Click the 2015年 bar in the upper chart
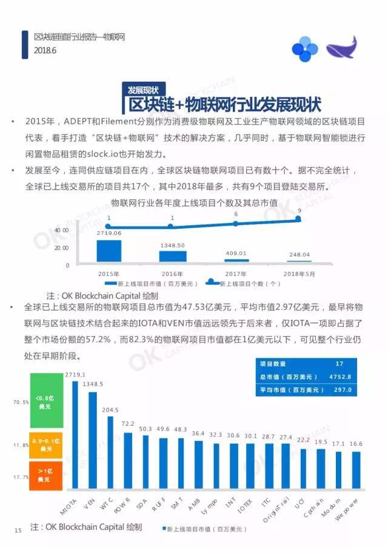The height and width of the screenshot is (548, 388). (x=109, y=251)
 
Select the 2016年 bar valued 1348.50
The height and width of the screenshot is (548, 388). (x=173, y=256)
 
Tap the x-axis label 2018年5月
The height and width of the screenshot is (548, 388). (x=299, y=273)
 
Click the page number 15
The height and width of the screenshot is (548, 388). (x=18, y=530)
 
